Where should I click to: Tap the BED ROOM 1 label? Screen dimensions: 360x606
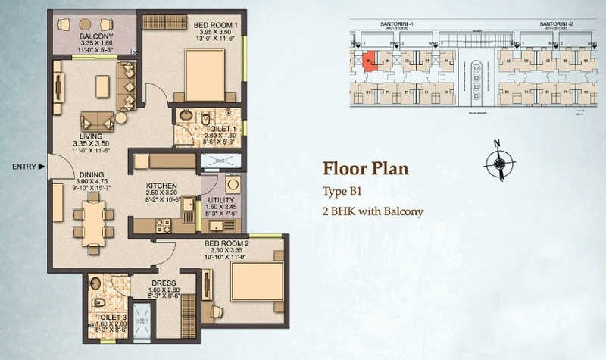[x=216, y=27]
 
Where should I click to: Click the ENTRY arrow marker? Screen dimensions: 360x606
[x=42, y=166]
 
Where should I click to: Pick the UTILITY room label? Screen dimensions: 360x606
[x=220, y=197]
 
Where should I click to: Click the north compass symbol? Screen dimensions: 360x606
[x=498, y=160]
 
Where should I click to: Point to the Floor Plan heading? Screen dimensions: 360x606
[x=366, y=167]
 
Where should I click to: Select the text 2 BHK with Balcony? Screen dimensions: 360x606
[x=373, y=211]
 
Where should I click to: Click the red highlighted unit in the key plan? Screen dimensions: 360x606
[x=369, y=61]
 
